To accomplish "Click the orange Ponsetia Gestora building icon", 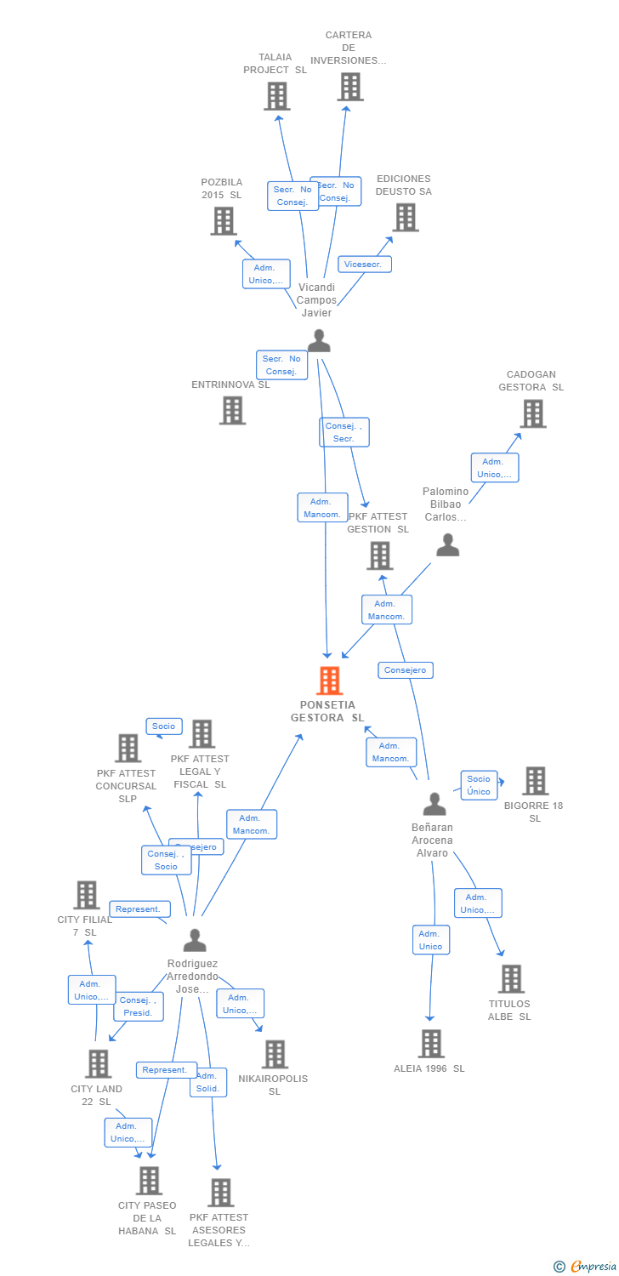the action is click(329, 681).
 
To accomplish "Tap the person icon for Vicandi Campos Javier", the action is click(318, 340).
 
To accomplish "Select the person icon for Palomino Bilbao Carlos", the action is click(447, 545).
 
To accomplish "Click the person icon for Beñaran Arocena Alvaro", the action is click(434, 804).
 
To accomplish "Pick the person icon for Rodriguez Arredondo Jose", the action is click(195, 940).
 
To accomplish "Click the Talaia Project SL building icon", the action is click(276, 96).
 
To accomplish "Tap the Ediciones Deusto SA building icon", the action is click(406, 217).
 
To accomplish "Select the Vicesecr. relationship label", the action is click(365, 264).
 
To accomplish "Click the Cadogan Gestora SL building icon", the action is click(532, 413).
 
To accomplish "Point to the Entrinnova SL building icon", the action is click(232, 410).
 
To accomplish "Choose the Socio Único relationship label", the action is click(479, 784).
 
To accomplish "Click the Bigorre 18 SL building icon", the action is click(535, 780).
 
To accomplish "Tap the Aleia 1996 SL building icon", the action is click(431, 1043).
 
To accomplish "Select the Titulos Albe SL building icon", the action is click(511, 978).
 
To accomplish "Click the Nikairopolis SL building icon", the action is click(275, 1054).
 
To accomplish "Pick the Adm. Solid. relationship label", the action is click(207, 1082).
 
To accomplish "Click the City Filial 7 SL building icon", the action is click(87, 895).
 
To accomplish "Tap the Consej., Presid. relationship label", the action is click(138, 1006).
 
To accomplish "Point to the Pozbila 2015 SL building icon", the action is click(223, 221).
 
